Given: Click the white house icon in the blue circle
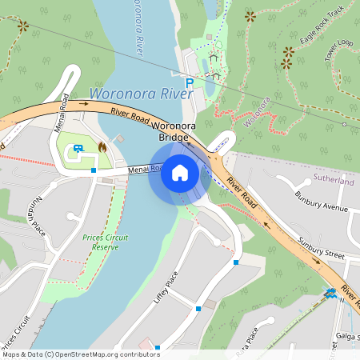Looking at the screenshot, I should point(180,172).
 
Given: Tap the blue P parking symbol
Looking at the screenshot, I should point(190,82).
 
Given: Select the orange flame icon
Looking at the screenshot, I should point(102,147).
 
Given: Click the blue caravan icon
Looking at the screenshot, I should point(78,147).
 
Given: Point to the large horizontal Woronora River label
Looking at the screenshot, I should point(141,94).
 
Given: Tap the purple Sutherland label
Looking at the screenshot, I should point(334,182).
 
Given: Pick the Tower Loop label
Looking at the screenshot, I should point(338,50).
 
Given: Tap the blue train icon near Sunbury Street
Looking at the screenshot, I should point(330,294).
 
